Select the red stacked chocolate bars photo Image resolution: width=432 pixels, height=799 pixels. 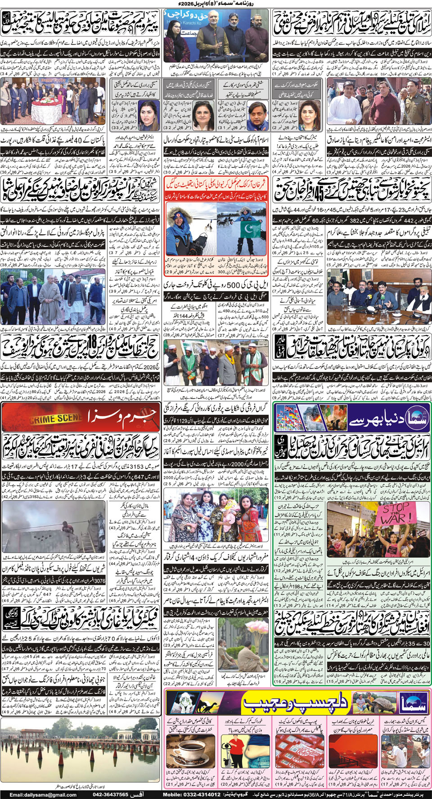[x=297, y=751]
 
